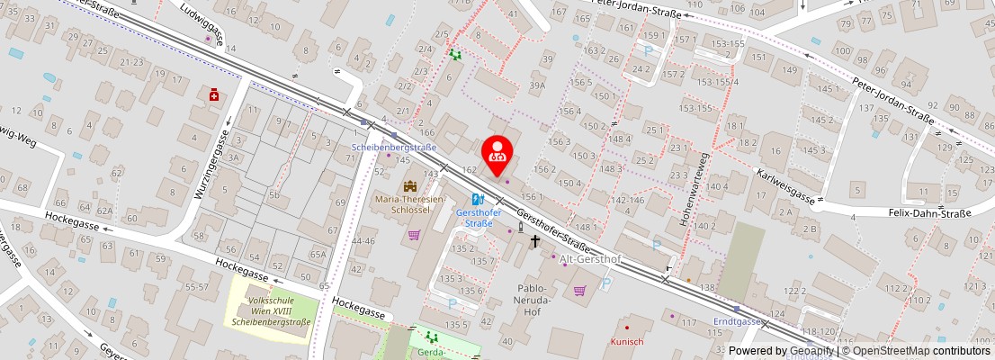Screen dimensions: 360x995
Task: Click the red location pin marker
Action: [x=497, y=154]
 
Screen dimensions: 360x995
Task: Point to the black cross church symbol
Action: [x=535, y=241]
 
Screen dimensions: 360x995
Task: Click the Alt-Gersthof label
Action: [x=590, y=259]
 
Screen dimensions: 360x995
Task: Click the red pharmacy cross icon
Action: [x=214, y=94]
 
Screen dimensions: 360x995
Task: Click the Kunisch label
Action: [x=627, y=341]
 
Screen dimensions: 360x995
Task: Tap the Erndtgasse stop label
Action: [x=738, y=320]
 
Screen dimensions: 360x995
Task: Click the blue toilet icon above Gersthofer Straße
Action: [x=478, y=200]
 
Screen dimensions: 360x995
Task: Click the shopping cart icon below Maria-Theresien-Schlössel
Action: [x=414, y=235]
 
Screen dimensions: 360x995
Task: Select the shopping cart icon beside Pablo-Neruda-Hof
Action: [x=579, y=290]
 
